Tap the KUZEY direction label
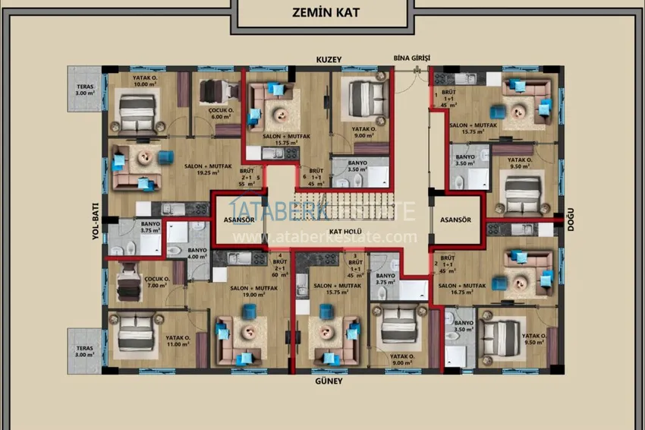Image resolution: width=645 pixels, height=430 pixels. coord(330,58)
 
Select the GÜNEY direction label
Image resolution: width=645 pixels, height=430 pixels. coord(330,381)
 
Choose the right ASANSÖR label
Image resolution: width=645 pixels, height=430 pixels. coord(455,220)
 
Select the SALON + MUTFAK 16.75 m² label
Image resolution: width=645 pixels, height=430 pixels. coord(460,289)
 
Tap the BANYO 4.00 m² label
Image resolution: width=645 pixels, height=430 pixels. coord(197,253)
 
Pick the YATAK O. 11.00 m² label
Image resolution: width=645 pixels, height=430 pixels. coord(179,341)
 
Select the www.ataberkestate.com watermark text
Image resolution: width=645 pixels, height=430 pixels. coord(325,237)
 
